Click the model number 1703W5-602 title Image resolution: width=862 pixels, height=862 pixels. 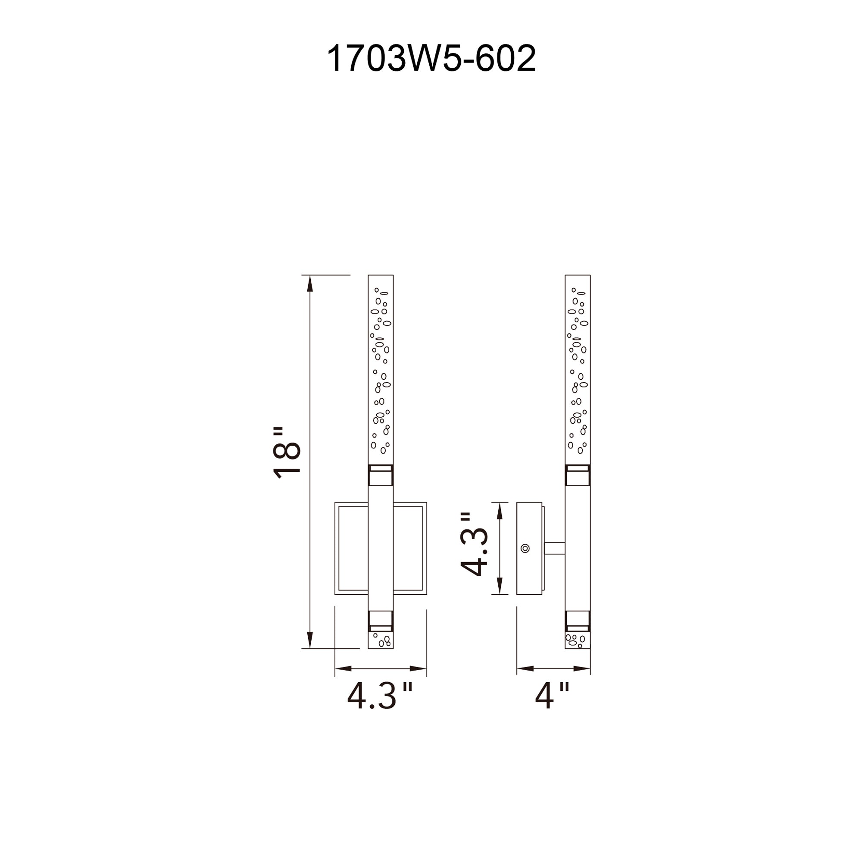pyautogui.click(x=431, y=59)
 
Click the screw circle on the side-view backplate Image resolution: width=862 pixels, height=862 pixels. pyautogui.click(x=525, y=548)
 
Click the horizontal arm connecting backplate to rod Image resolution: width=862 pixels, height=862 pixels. pyautogui.click(x=554, y=548)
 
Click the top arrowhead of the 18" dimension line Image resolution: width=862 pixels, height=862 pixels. pyautogui.click(x=310, y=283)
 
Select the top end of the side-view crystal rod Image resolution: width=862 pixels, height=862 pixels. pyautogui.click(x=578, y=278)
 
